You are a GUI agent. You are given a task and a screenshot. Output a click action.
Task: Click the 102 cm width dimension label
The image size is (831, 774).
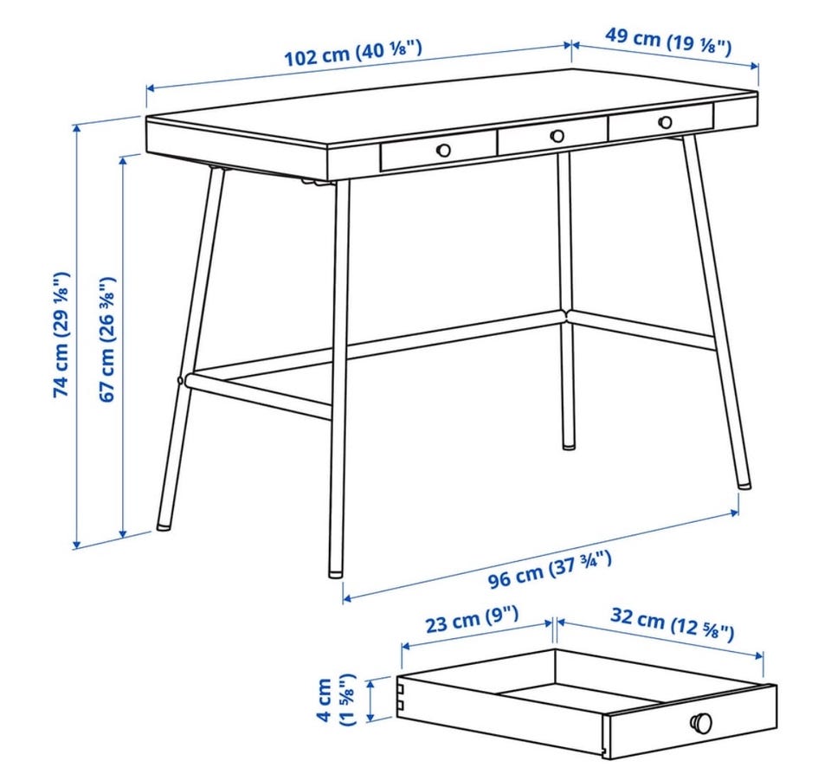tap(353, 52)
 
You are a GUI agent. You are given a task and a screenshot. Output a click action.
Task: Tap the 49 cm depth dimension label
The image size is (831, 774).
tap(668, 41)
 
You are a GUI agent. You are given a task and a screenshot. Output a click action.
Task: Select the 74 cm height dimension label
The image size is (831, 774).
tap(61, 334)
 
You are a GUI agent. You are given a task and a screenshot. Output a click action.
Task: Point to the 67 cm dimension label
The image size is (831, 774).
tap(106, 339)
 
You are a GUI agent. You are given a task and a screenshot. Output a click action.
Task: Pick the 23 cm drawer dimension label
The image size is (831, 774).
tap(472, 619)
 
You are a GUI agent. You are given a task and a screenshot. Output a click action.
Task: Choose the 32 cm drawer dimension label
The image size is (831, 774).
tap(672, 623)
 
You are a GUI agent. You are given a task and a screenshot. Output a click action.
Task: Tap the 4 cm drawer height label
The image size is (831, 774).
tap(336, 700)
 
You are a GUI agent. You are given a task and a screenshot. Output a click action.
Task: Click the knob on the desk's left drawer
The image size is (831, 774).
tap(443, 150)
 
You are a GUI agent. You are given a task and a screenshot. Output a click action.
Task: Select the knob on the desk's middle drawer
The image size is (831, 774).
tap(557, 136)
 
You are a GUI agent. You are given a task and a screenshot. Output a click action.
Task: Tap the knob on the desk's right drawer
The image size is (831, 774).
tap(665, 122)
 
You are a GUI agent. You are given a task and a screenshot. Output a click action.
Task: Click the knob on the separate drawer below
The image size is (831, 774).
tap(701, 722)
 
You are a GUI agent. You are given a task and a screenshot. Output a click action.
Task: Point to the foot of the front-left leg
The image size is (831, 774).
tap(164, 527)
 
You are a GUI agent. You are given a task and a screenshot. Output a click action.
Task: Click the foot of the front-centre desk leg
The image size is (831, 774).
tap(336, 572)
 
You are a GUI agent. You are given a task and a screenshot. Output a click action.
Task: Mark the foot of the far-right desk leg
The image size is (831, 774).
tap(744, 484)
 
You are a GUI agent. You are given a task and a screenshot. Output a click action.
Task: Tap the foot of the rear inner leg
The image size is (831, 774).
tap(569, 445)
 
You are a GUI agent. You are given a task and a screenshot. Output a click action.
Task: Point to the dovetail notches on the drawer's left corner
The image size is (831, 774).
tap(403, 697)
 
